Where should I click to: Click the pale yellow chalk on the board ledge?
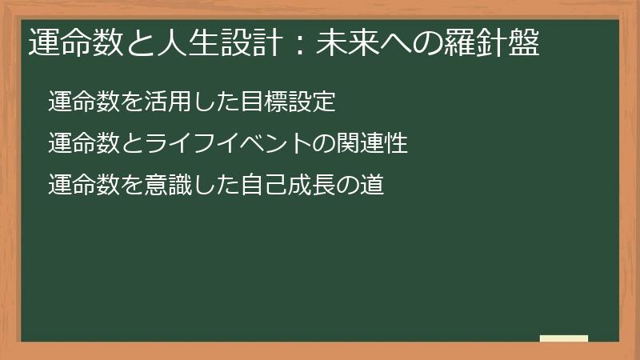563,338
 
